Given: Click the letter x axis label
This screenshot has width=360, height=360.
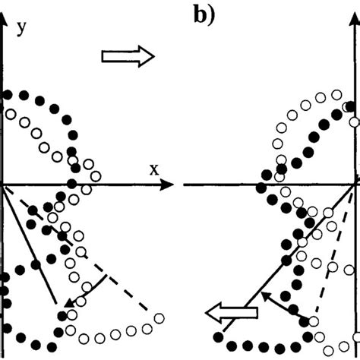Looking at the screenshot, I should (153, 169).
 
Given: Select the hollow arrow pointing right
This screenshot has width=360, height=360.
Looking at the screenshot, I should (128, 55).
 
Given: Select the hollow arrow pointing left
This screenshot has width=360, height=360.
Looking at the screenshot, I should (233, 311).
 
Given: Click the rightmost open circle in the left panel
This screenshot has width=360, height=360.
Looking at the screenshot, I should (159, 318).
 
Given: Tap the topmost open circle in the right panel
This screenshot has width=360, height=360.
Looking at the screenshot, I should (337, 95).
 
